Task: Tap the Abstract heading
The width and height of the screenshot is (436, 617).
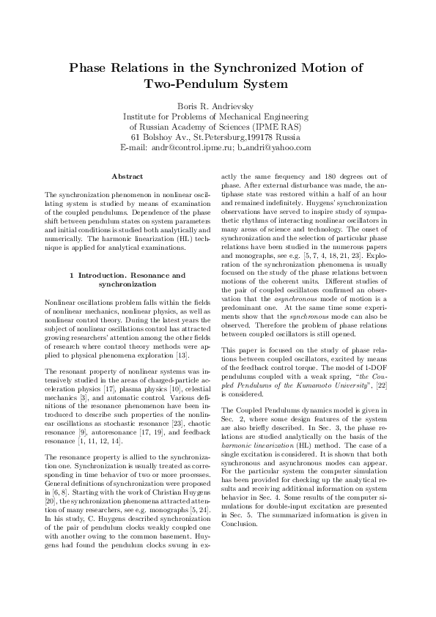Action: [x=125, y=176]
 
